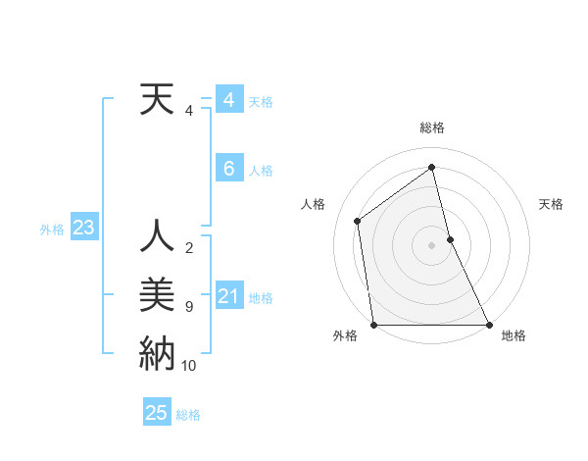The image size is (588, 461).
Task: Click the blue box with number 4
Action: coord(228,100)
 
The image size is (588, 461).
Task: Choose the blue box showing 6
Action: coord(228,169)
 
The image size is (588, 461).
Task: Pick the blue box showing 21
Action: coord(228,296)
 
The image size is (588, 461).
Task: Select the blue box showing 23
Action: coord(83,229)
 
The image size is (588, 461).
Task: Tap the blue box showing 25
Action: coord(157,413)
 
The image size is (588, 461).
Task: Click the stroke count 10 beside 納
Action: coord(189,366)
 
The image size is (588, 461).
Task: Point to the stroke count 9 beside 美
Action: coord(189,307)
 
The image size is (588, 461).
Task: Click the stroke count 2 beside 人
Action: coord(189,248)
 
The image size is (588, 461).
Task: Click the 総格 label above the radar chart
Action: coord(432,128)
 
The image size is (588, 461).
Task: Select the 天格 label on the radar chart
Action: coord(551,204)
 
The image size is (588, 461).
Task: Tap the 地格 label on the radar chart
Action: coord(514,335)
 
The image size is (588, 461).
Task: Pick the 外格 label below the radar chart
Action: coord(345,335)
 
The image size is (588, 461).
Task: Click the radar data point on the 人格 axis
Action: coord(358,221)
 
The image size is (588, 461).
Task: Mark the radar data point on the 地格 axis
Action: coord(489,324)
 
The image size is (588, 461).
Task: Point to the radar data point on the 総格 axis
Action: coord(432,167)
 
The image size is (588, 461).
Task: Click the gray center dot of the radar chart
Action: coord(432,244)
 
